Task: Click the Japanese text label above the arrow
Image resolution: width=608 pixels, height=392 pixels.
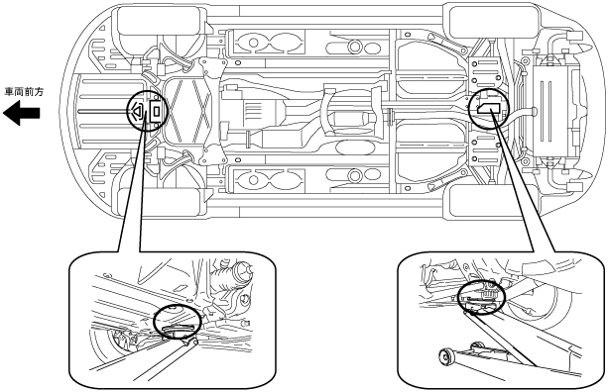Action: (x=24, y=92)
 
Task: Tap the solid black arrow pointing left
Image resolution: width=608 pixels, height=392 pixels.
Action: (x=22, y=113)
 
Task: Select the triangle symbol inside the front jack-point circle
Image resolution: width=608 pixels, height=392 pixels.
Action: (x=137, y=111)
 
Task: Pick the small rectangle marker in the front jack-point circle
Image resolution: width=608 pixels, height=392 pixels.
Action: (x=157, y=111)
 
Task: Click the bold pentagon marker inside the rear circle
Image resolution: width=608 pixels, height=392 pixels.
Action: (x=489, y=108)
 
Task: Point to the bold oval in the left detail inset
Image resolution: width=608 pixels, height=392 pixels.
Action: (x=178, y=321)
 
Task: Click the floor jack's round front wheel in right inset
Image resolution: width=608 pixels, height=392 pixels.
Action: (x=447, y=356)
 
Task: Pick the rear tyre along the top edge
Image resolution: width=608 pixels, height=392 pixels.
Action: (x=493, y=20)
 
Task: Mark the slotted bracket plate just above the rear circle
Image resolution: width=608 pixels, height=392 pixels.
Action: (x=485, y=72)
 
